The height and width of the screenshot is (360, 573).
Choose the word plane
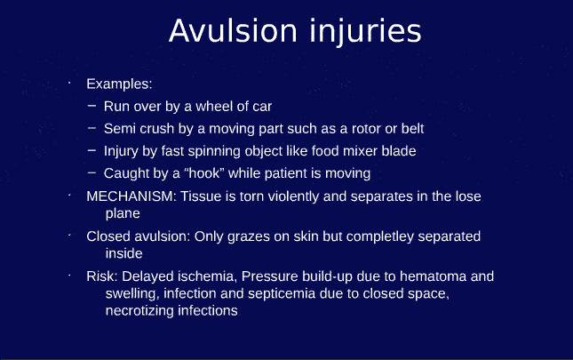[123, 213]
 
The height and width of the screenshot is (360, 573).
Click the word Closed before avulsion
[107, 236]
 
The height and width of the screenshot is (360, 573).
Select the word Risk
[100, 276]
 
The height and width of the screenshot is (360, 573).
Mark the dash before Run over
[92, 106]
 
